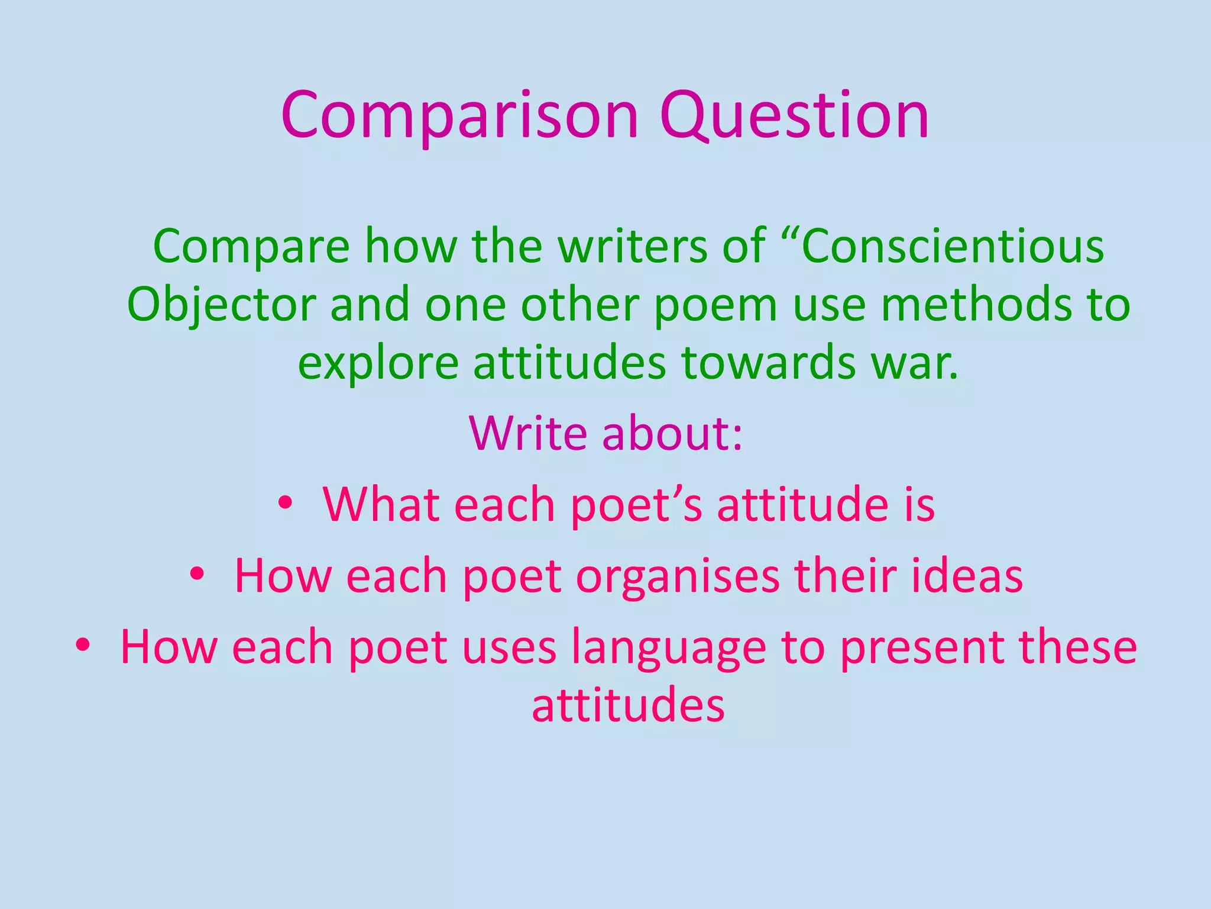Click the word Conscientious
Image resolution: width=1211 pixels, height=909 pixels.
coord(953,246)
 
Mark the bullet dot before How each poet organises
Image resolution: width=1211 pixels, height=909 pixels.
coord(197,575)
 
